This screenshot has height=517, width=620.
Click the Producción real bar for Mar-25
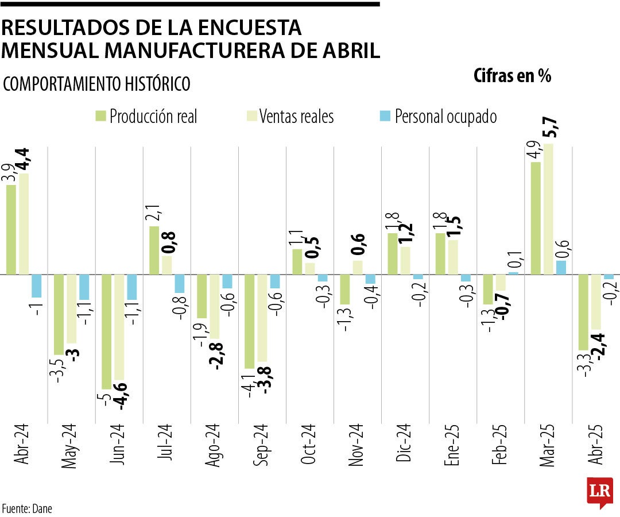[536, 218]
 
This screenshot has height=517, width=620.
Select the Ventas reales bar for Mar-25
[548, 209]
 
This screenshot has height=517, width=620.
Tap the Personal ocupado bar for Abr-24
[37, 285]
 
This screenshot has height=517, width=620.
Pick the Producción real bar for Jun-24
[107, 331]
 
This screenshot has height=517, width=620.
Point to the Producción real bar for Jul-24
[154, 250]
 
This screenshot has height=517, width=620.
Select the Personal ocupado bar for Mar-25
[561, 268]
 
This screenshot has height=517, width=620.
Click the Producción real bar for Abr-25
[583, 312]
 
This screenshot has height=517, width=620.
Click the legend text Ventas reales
[296, 117]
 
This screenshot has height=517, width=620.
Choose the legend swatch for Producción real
[100, 117]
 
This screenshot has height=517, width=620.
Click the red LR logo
[599, 492]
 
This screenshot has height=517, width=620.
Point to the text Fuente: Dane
[27, 508]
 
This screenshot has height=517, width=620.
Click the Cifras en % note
[512, 76]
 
